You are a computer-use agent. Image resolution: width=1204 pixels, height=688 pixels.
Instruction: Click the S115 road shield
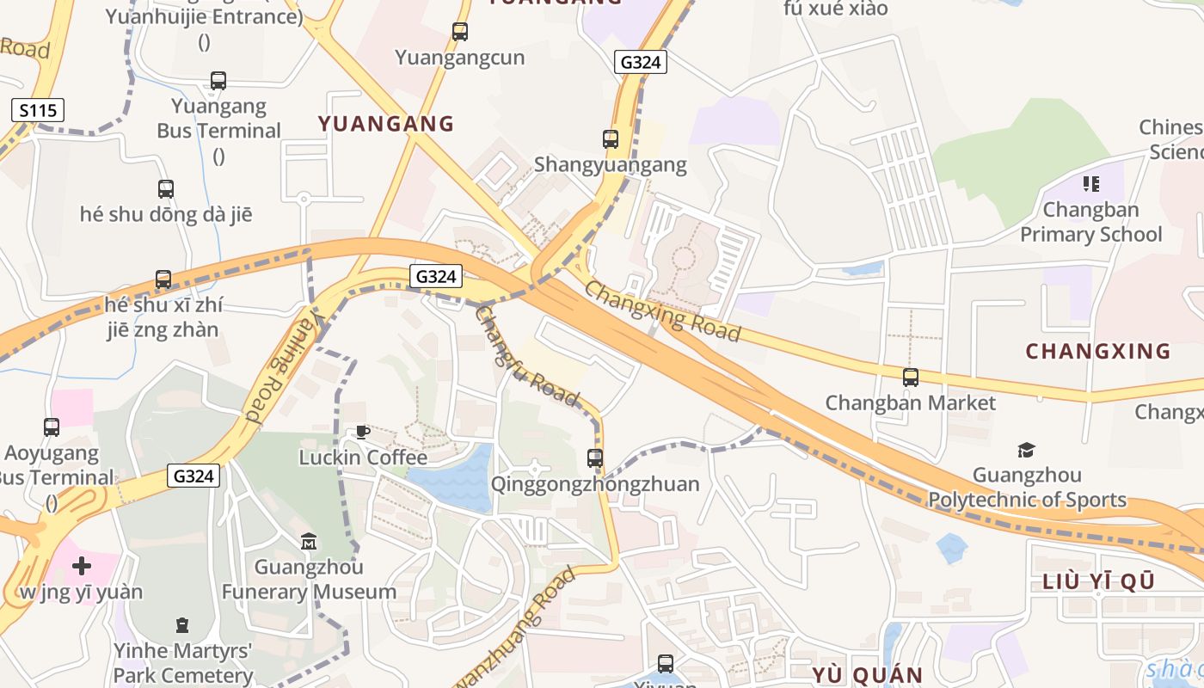click(38, 110)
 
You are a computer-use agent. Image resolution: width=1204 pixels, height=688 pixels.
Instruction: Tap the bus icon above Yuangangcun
click(460, 32)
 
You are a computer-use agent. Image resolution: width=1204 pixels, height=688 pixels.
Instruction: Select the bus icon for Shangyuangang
click(611, 138)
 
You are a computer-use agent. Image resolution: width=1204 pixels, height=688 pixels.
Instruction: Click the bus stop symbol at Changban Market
click(911, 377)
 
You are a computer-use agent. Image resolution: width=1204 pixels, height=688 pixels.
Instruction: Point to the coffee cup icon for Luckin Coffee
click(362, 432)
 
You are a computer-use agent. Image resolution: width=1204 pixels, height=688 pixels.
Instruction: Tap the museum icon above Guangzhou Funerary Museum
click(309, 541)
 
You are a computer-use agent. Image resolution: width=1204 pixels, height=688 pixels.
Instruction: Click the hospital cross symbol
click(82, 566)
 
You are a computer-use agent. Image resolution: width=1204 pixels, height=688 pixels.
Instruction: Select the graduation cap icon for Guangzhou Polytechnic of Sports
click(1026, 450)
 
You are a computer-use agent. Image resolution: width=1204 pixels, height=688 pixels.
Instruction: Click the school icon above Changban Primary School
click(1091, 183)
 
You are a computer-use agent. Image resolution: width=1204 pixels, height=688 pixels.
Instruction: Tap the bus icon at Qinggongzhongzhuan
click(595, 458)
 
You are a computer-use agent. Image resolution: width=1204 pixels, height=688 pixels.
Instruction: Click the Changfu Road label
click(526, 355)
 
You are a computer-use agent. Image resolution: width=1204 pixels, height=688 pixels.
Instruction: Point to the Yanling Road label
click(283, 367)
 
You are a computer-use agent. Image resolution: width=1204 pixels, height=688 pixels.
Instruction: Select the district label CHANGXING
click(1098, 351)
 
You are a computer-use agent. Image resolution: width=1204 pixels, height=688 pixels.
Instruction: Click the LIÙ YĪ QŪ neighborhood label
click(1098, 581)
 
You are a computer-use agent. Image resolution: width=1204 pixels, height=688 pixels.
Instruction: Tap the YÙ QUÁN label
click(868, 674)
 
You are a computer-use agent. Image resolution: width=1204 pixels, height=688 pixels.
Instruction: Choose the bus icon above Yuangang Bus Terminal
click(218, 81)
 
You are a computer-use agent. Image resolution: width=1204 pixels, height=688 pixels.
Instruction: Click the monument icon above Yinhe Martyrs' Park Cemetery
click(182, 624)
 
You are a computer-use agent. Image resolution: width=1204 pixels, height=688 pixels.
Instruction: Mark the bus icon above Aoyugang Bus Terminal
click(52, 427)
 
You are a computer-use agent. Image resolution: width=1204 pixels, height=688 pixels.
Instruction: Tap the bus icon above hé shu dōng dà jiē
click(166, 188)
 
